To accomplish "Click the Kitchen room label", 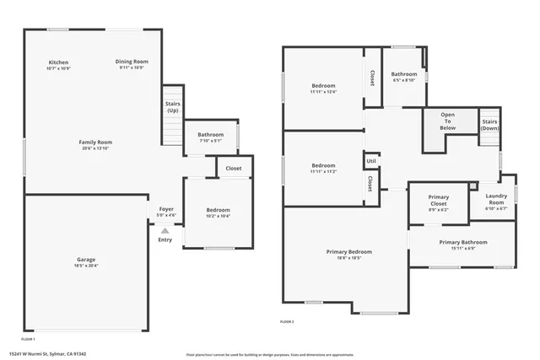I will tap(58, 62).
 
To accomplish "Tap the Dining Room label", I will tap(132, 62).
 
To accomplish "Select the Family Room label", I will tap(95, 142).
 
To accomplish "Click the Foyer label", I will tap(166, 209).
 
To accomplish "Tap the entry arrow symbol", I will tap(165, 229).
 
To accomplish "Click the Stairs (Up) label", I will tap(172, 107).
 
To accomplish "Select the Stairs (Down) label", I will tap(490, 125).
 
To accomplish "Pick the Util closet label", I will tap(371, 161).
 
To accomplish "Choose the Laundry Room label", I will tap(496, 200).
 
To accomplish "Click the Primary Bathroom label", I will tap(462, 243).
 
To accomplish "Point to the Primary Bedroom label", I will tap(349, 252).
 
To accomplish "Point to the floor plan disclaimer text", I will tap(270, 354).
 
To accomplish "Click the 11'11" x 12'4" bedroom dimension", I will tap(324, 92).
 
